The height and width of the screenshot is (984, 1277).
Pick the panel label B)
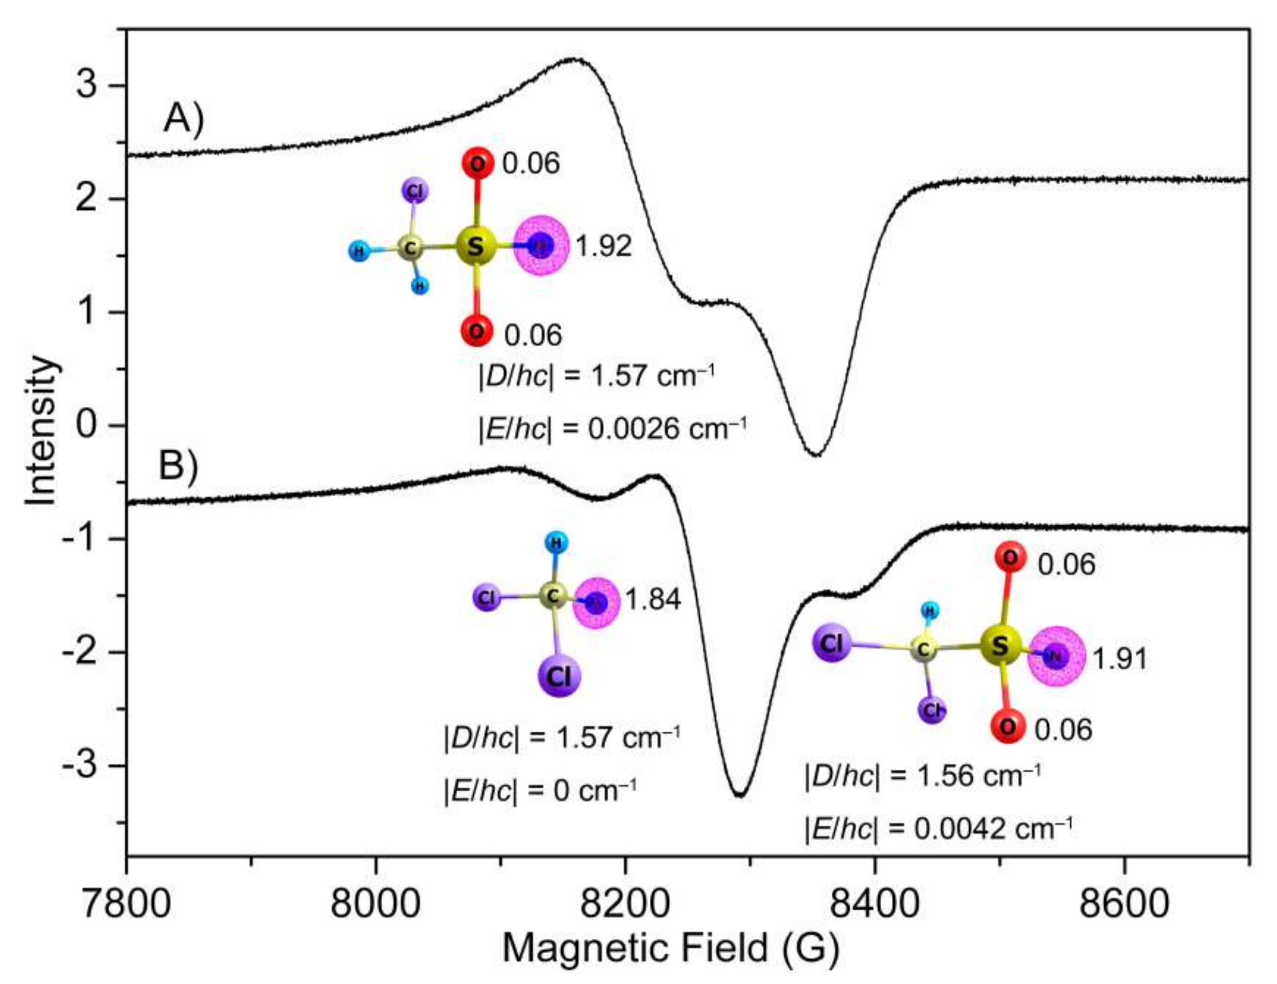coord(179,467)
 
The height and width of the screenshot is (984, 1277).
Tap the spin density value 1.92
coord(604,246)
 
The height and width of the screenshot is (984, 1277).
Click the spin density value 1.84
coord(653,600)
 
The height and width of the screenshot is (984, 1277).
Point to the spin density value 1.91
coord(1120,659)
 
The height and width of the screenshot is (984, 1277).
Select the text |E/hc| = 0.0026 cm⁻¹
coord(612,430)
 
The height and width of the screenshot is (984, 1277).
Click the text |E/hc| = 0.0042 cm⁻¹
coord(938,829)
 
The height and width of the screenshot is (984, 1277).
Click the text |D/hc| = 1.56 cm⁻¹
coord(922,776)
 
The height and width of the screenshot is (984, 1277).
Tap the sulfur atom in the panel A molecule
coord(476,246)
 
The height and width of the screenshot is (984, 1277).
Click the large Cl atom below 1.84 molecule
coord(559,677)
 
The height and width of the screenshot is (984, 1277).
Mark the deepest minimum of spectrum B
coord(740,794)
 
